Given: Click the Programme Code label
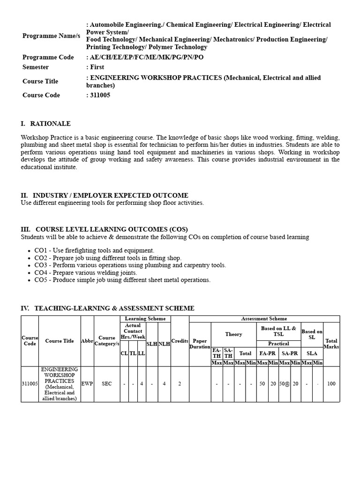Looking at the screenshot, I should [x=48, y=57].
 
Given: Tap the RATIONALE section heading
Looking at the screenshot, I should [x=50, y=124].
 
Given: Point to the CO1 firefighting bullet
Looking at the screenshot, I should [x=94, y=250].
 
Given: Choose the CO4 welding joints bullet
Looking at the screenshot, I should [x=85, y=273].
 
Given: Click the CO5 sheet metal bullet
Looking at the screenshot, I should [x=122, y=280].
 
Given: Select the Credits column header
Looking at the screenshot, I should [x=180, y=341].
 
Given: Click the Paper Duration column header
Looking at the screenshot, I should [x=200, y=344].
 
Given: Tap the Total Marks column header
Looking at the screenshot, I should [x=331, y=344].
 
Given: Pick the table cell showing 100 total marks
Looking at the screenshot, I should [x=331, y=383].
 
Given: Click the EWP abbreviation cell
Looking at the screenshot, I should [x=87, y=383].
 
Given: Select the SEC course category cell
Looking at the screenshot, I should [x=107, y=383].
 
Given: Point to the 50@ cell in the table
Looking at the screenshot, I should [x=285, y=383].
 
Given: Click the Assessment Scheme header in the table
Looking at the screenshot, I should [x=264, y=319].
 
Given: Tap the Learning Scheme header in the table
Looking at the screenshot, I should [x=145, y=319].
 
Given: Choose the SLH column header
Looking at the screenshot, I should [x=152, y=344].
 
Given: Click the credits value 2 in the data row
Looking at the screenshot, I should [x=180, y=383].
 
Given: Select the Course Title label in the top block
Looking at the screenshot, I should [x=40, y=81].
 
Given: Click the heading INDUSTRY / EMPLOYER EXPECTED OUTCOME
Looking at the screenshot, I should [x=110, y=195].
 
